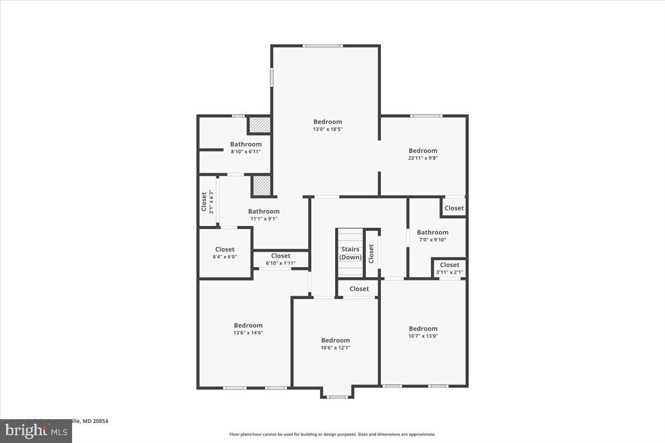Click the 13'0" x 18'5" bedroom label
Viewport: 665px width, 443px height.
(x=328, y=126)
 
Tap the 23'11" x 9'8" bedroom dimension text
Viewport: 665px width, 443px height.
(x=423, y=158)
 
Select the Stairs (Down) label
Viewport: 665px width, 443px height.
(x=350, y=254)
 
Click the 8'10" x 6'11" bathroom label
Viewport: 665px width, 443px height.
(x=245, y=148)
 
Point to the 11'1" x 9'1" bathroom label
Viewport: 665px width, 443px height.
(x=264, y=215)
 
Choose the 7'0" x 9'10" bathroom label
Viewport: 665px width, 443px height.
(x=432, y=236)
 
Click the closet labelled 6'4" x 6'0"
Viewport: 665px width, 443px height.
(x=224, y=253)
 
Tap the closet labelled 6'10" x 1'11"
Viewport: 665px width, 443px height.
(x=280, y=259)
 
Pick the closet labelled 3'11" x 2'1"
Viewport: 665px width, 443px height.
(x=449, y=269)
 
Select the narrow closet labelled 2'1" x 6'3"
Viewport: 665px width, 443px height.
(x=207, y=202)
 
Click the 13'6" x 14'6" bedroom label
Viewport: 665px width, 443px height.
(x=248, y=329)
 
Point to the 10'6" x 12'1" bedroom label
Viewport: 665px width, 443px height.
(x=335, y=344)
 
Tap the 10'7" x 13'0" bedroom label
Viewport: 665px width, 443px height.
(x=423, y=332)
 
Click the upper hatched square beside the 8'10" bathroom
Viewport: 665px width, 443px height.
(x=258, y=125)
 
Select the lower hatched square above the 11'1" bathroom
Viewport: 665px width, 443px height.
(x=261, y=186)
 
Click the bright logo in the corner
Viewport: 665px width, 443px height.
(x=35, y=430)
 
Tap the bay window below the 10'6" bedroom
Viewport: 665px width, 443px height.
(x=336, y=396)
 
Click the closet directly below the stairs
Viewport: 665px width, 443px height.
(x=359, y=289)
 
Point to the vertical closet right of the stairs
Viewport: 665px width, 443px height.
(x=371, y=254)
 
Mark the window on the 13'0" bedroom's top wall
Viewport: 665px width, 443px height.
(x=323, y=46)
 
